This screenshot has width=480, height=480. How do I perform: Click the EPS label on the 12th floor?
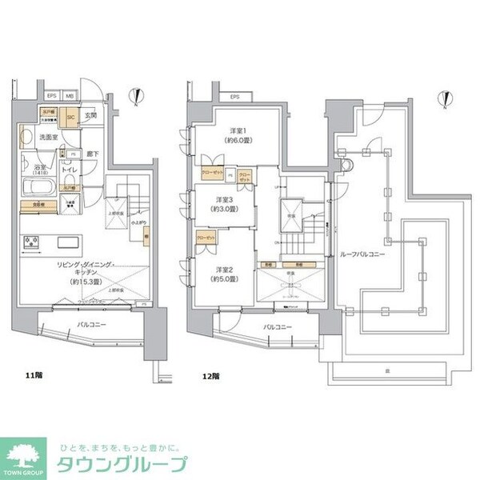(234, 97)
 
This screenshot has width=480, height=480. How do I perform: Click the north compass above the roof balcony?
(444, 99)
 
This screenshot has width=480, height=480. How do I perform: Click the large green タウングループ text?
(120, 464)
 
